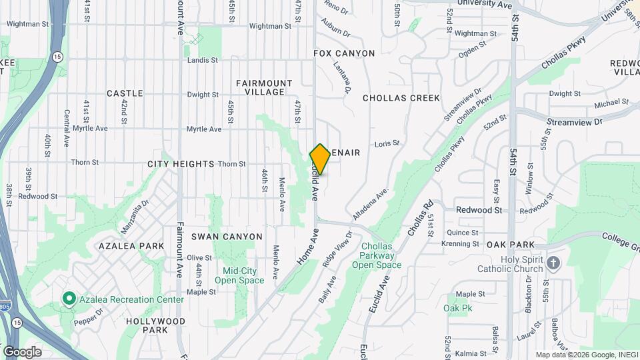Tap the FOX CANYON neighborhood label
(x=344, y=53)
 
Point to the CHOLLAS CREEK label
(x=401, y=98)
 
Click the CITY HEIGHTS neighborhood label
(x=181, y=164)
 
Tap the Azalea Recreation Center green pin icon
(x=68, y=299)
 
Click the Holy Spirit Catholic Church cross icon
(x=553, y=263)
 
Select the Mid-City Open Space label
(x=234, y=275)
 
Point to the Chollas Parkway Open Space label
(x=381, y=255)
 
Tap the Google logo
(x=22, y=351)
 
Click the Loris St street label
(x=387, y=143)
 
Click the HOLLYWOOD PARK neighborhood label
(x=155, y=325)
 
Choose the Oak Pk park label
(x=457, y=308)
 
